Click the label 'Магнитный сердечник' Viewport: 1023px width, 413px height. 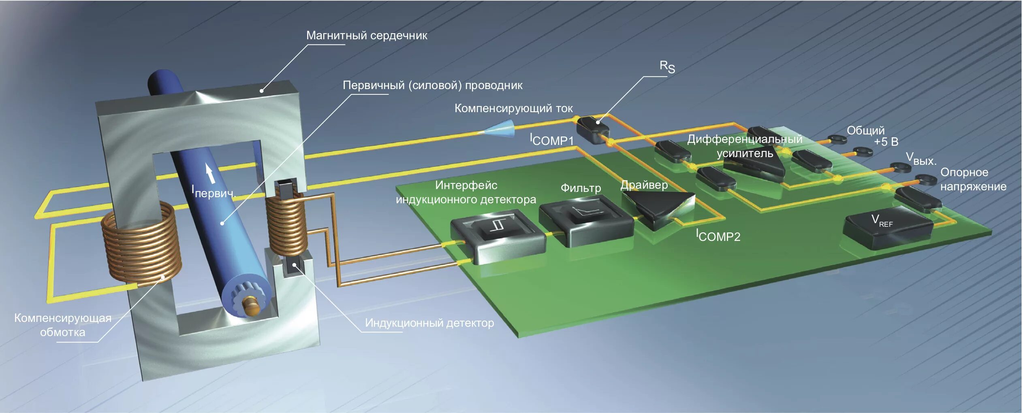click(x=366, y=36)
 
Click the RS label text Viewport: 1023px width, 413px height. click(x=667, y=67)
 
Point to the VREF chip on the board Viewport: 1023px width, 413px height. click(x=887, y=227)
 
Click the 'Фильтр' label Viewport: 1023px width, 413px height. click(x=580, y=188)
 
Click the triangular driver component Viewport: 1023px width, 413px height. click(x=658, y=206)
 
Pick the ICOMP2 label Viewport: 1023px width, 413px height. click(x=718, y=236)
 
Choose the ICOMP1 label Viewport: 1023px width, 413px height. click(x=552, y=140)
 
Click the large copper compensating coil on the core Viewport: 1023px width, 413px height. click(x=141, y=243)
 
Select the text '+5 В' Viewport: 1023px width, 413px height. click(x=886, y=142)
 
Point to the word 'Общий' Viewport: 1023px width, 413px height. click(x=865, y=130)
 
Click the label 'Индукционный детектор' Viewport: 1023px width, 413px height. click(x=429, y=323)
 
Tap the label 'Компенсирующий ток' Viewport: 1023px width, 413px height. click(x=513, y=109)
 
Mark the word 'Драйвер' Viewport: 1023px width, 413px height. click(x=644, y=185)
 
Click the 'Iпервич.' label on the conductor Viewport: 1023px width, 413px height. click(x=213, y=192)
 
